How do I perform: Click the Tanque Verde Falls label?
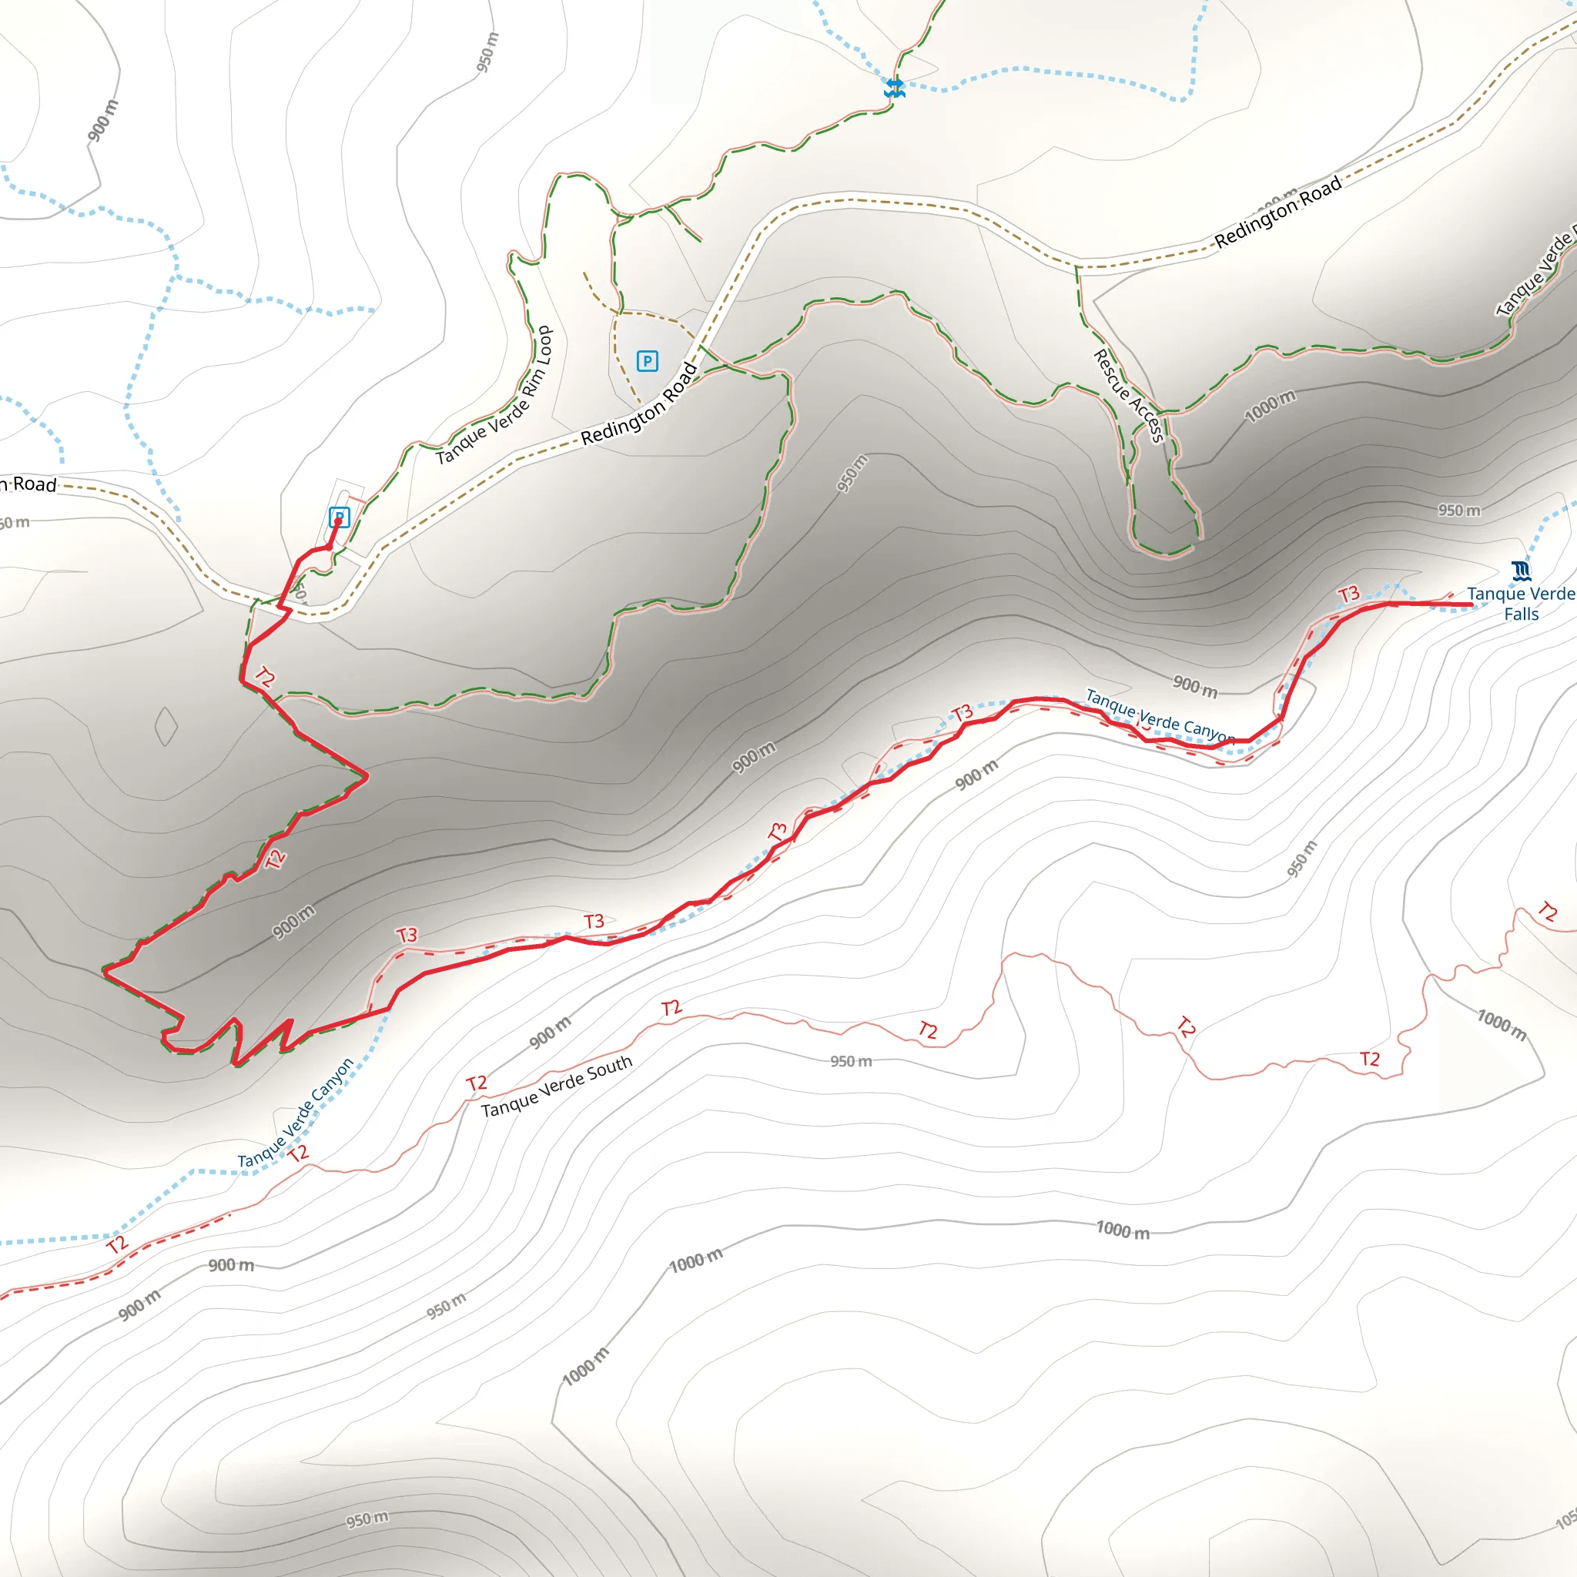coord(1520,603)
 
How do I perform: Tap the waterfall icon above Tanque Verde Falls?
coord(1521,570)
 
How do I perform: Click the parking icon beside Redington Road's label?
coord(648,361)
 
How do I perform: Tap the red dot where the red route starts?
coord(339,521)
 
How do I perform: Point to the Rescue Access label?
coord(1128,395)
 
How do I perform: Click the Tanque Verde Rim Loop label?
coord(494,395)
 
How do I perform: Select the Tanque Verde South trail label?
coord(557,1086)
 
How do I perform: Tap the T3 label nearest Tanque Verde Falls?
coord(1348,594)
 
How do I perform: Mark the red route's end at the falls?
coord(1471,604)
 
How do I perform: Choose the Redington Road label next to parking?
coord(639,404)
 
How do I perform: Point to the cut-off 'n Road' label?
coord(28,484)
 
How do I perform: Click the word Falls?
coord(1522,614)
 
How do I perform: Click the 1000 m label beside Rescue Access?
coord(1270,406)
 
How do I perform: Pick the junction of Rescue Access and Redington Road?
coord(1077,266)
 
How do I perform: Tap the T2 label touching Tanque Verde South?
coord(477,1083)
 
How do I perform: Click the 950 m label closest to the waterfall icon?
coord(1458,511)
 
